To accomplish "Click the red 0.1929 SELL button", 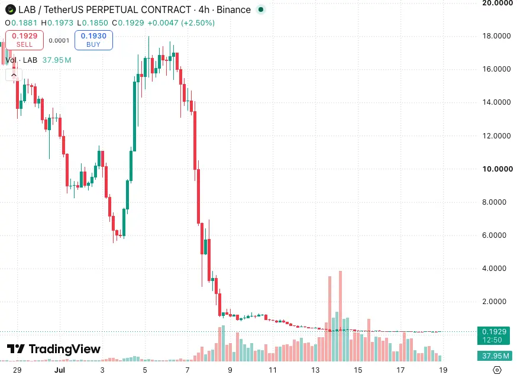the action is coord(24,40).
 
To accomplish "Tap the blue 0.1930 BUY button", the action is coord(93,40).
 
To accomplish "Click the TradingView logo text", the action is coord(54,349).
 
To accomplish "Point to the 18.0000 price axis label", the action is coord(496,36).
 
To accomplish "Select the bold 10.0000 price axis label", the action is coord(497,169).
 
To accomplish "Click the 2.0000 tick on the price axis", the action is coord(494,302).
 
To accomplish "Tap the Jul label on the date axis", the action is coord(59,370).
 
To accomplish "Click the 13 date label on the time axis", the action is coord(315,370).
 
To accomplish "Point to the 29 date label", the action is coord(17,370).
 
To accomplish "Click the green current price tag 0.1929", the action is coord(493,335).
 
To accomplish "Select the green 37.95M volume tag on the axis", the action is coord(493,356).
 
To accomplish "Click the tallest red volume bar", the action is coord(340,316).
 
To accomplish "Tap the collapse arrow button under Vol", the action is coord(14,75).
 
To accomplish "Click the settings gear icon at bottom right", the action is coord(497,370).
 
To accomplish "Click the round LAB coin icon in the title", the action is coord(11,9).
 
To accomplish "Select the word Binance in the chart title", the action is coord(234,9).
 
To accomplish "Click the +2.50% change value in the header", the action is coord(198,22).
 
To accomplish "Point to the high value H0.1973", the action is coord(57,22).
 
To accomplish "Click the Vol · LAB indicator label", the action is coord(21,60).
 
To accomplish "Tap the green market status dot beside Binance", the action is coord(261,9).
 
